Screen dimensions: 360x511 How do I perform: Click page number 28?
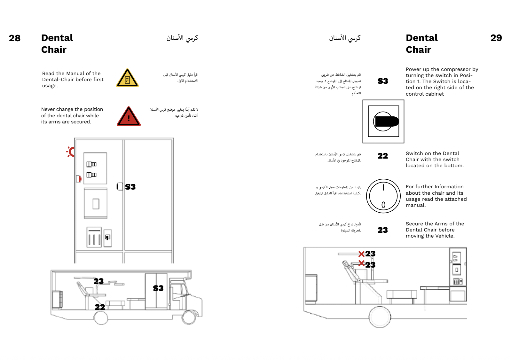pyautogui.click(x=15, y=38)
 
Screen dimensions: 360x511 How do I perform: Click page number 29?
pyautogui.click(x=496, y=38)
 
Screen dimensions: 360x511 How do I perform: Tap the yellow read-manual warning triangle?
pyautogui.click(x=127, y=78)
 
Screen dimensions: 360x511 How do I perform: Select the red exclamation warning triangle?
pyautogui.click(x=129, y=117)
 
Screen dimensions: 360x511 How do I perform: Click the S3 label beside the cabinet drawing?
pyautogui.click(x=130, y=187)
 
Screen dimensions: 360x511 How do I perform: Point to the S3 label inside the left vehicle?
pyautogui.click(x=158, y=288)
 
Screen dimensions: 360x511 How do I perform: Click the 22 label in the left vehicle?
pyautogui.click(x=100, y=307)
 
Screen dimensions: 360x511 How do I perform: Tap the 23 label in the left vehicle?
pyautogui.click(x=98, y=281)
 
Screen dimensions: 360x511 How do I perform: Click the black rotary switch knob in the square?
pyautogui.click(x=386, y=121)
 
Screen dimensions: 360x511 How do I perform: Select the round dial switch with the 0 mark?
pyautogui.click(x=383, y=196)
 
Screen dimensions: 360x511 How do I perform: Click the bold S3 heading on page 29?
pyautogui.click(x=383, y=81)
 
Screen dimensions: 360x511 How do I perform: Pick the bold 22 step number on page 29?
pyautogui.click(x=383, y=156)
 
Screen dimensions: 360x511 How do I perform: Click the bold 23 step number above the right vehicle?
pyautogui.click(x=383, y=230)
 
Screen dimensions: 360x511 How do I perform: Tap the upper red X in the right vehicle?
pyautogui.click(x=361, y=254)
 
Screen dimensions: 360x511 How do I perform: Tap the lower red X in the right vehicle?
pyautogui.click(x=361, y=263)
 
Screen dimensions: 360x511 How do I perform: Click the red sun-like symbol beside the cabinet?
pyautogui.click(x=71, y=152)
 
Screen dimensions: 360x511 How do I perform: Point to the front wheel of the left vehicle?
pyautogui.click(x=188, y=317)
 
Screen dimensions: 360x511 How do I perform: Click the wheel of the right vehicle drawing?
pyautogui.click(x=380, y=317)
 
